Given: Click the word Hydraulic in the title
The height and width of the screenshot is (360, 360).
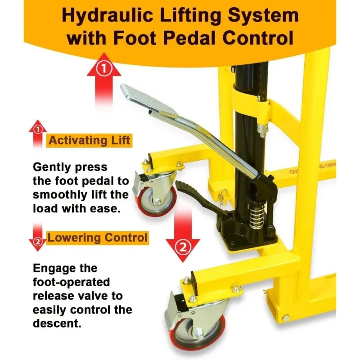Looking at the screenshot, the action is point(108,16).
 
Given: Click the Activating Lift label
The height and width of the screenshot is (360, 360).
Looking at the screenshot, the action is point(89,140).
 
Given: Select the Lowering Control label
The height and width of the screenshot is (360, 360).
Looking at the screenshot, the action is point(97,238).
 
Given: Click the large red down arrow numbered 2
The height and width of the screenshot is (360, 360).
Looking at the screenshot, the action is point(183,235).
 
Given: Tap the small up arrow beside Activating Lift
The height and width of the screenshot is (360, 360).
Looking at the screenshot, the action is point(38,134).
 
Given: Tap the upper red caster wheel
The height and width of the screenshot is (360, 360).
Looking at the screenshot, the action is point(157,200).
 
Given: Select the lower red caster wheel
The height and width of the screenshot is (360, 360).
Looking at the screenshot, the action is point(198,331).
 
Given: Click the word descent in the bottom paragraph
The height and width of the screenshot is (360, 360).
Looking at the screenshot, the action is point(57,323).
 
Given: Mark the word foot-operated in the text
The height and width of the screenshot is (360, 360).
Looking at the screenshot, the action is point(71,282).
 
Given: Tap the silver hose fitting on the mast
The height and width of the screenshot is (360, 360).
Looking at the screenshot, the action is point(261,130).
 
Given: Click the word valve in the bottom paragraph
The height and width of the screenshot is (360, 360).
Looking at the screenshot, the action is point(92,296).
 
